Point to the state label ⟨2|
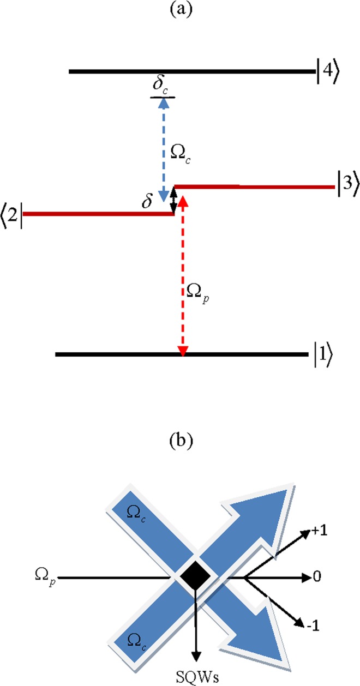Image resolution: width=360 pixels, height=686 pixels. (x=12, y=213)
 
